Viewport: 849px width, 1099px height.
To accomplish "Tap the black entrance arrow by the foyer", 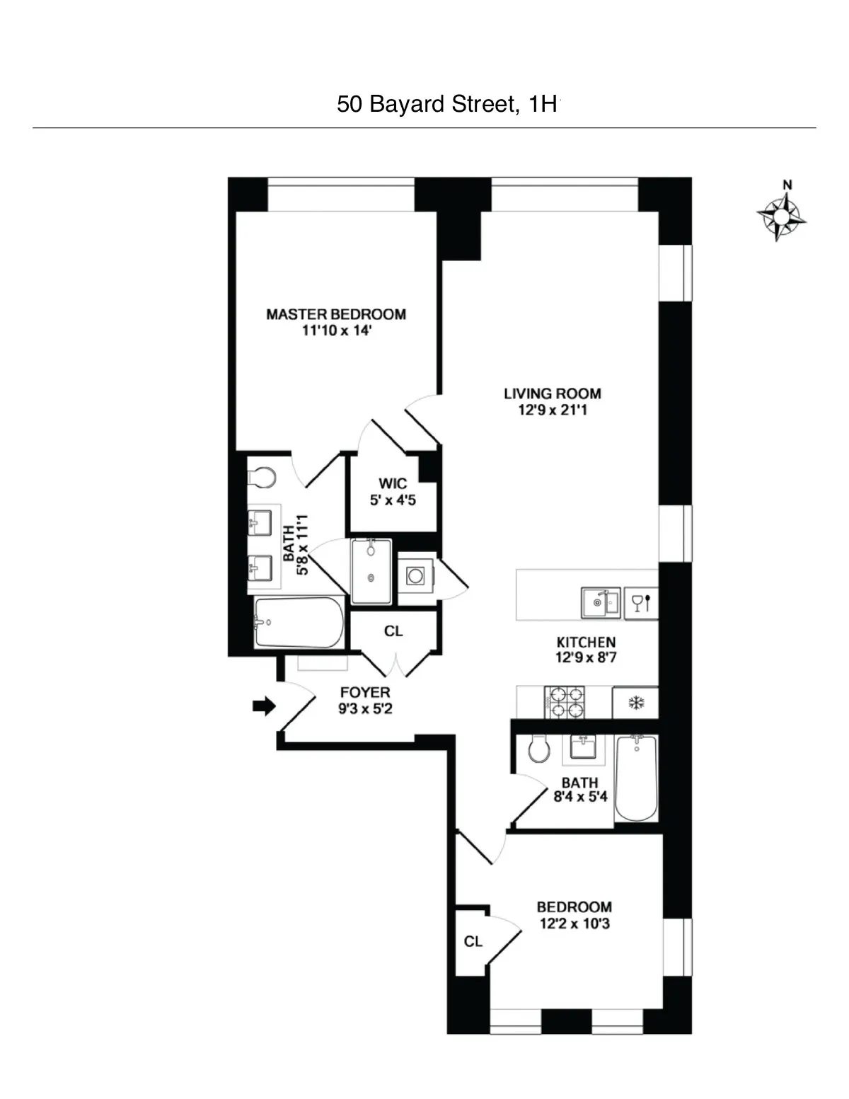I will tap(264, 706).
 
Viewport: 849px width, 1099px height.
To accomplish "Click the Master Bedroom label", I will tap(336, 314).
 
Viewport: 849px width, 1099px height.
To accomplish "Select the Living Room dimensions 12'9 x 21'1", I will tap(553, 410).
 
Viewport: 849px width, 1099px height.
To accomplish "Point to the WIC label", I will tap(393, 483).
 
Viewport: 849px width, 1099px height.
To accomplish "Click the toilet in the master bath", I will tap(262, 478).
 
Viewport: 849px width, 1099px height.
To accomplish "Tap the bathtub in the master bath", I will tap(299, 623).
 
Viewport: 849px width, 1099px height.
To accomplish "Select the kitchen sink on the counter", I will tap(601, 603).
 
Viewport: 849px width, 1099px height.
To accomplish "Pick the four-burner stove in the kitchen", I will tap(564, 703).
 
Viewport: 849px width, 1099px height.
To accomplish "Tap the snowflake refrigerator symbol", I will tap(635, 703).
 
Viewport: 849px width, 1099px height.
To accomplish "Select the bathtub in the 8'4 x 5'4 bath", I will tap(636, 778).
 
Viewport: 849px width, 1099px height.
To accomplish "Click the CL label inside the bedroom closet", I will tap(473, 941).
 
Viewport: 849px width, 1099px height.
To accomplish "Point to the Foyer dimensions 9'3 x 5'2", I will tap(365, 708).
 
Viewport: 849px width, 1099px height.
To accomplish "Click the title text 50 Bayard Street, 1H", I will tap(447, 105).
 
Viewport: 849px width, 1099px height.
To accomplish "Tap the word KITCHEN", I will tap(586, 642).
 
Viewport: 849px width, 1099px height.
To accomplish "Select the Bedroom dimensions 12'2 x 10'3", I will tap(574, 923).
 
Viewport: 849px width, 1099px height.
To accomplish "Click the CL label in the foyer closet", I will tap(393, 631).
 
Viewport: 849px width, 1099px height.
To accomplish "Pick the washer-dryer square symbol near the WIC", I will tap(415, 576).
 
